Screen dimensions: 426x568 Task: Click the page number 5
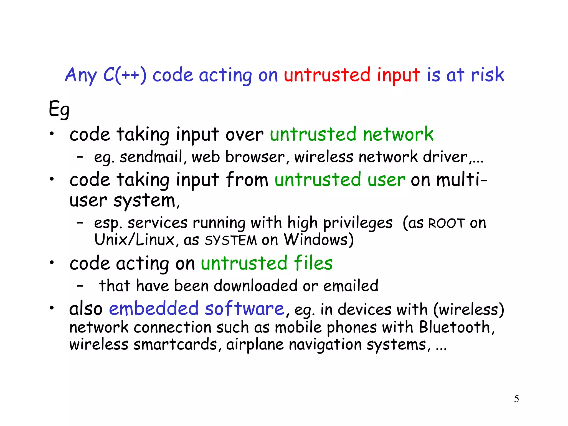[x=516, y=399]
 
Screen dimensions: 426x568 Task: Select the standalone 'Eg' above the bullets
[x=59, y=109]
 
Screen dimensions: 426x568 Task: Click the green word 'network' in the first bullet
[x=398, y=134]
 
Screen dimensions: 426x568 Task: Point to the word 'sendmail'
[x=151, y=157]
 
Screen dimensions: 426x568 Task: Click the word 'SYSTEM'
[x=231, y=240]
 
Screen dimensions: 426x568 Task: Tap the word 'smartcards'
[x=175, y=344]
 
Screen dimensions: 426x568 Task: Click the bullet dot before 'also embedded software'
[x=52, y=308]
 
